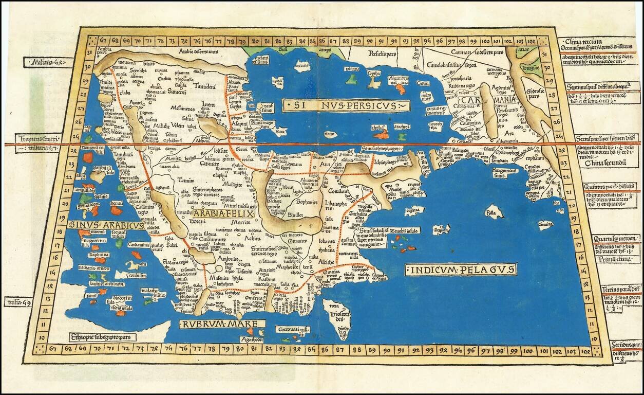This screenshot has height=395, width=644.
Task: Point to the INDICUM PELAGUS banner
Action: point(460,270)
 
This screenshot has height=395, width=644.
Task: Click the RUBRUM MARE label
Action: point(222,325)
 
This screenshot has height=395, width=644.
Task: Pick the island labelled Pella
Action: point(493,212)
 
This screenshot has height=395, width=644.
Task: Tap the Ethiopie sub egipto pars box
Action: point(103,337)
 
